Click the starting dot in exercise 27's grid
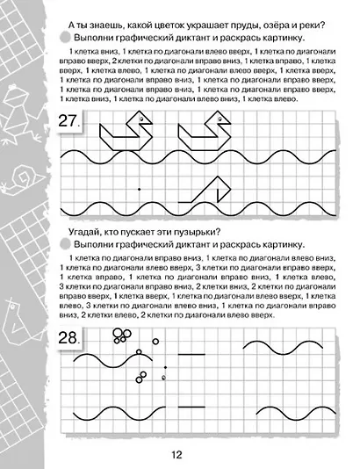coord(139,189)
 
